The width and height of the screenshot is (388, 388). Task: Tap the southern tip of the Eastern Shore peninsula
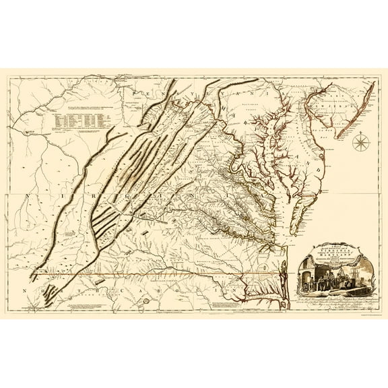pyautogui.click(x=282, y=232)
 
